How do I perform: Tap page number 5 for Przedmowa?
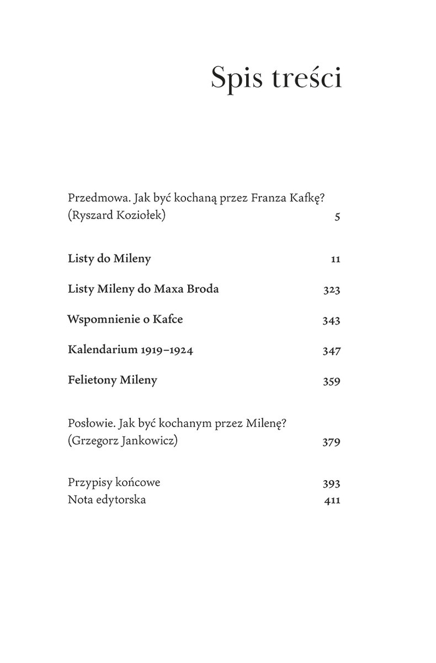pos(337,217)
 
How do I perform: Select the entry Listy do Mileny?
pos(109,259)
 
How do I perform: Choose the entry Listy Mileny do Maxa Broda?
pos(143,290)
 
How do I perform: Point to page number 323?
pos(332,290)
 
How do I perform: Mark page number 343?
pos(332,320)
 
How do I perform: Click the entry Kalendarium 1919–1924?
pos(130,350)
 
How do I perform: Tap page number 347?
pos(332,351)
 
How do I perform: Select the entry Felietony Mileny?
pos(113,380)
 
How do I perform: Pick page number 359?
pos(332,381)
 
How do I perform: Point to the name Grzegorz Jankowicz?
pos(123,441)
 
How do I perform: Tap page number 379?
pos(332,441)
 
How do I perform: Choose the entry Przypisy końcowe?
pos(114,482)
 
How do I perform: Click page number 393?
pos(332,483)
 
